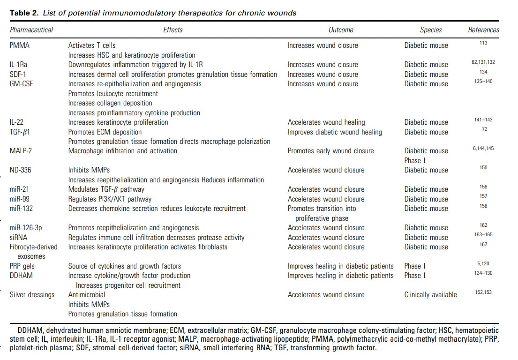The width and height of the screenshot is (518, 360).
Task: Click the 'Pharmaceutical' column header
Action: (x=31, y=30)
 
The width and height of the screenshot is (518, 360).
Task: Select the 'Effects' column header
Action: (x=173, y=30)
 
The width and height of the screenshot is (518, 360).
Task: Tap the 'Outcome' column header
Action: (x=341, y=30)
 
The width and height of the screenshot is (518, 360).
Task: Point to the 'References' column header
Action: (x=483, y=30)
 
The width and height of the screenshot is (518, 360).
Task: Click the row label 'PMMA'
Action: (x=20, y=45)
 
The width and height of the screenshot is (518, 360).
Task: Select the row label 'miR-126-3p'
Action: (x=28, y=228)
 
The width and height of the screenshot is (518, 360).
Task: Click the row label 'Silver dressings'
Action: (x=32, y=295)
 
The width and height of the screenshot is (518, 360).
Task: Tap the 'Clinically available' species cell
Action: (x=430, y=295)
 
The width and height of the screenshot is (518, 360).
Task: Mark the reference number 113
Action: (x=483, y=43)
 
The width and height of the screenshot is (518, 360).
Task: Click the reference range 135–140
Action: (x=483, y=82)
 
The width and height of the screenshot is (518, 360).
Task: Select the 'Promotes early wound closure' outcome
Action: (x=330, y=151)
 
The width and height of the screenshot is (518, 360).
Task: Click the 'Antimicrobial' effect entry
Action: (x=87, y=295)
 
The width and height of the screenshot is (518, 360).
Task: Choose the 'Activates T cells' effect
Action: (x=92, y=45)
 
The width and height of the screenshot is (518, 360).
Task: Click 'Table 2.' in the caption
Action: (x=24, y=13)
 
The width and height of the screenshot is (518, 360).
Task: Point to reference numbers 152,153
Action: (x=483, y=292)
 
